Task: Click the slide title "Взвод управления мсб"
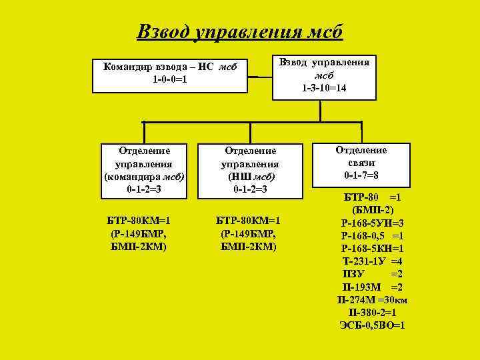click(x=239, y=31)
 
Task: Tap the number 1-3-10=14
click(x=324, y=87)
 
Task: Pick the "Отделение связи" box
click(x=361, y=163)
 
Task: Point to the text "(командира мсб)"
click(x=144, y=176)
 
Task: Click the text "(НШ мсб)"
click(x=251, y=177)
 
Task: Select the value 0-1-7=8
click(x=361, y=175)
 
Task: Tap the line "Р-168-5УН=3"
click(x=373, y=223)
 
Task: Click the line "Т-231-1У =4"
click(x=373, y=261)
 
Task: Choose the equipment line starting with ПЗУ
click(x=373, y=273)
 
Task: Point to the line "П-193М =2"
click(x=373, y=286)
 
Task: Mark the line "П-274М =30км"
click(x=373, y=299)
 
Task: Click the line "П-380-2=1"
click(x=373, y=312)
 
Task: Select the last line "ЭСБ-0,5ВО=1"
click(x=373, y=325)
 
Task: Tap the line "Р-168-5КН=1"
click(x=373, y=248)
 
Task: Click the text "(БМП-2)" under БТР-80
click(x=373, y=210)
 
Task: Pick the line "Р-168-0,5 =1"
click(x=373, y=235)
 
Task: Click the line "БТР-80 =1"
click(x=373, y=197)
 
